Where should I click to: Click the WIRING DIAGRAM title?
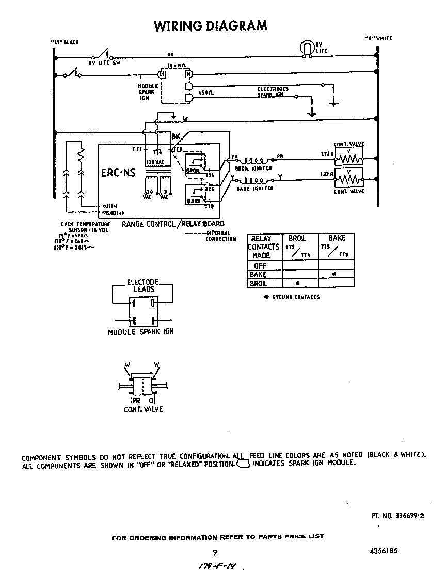pos(211,25)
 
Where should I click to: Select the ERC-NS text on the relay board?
pos(119,173)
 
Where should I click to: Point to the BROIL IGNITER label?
pos(253,168)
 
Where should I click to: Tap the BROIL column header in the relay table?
pos(297,238)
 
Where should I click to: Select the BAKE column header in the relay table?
pos(337,238)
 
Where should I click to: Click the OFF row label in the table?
pos(260,266)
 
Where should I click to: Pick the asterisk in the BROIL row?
pos(297,284)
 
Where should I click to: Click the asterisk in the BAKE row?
pos(334,274)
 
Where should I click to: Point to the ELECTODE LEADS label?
pos(143,286)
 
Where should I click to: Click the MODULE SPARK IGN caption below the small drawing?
pos(140,332)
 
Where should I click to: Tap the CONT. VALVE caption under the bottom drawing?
pos(143,409)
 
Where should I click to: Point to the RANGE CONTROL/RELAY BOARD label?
pos(173,224)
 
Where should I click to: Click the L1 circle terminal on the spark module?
pos(162,74)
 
